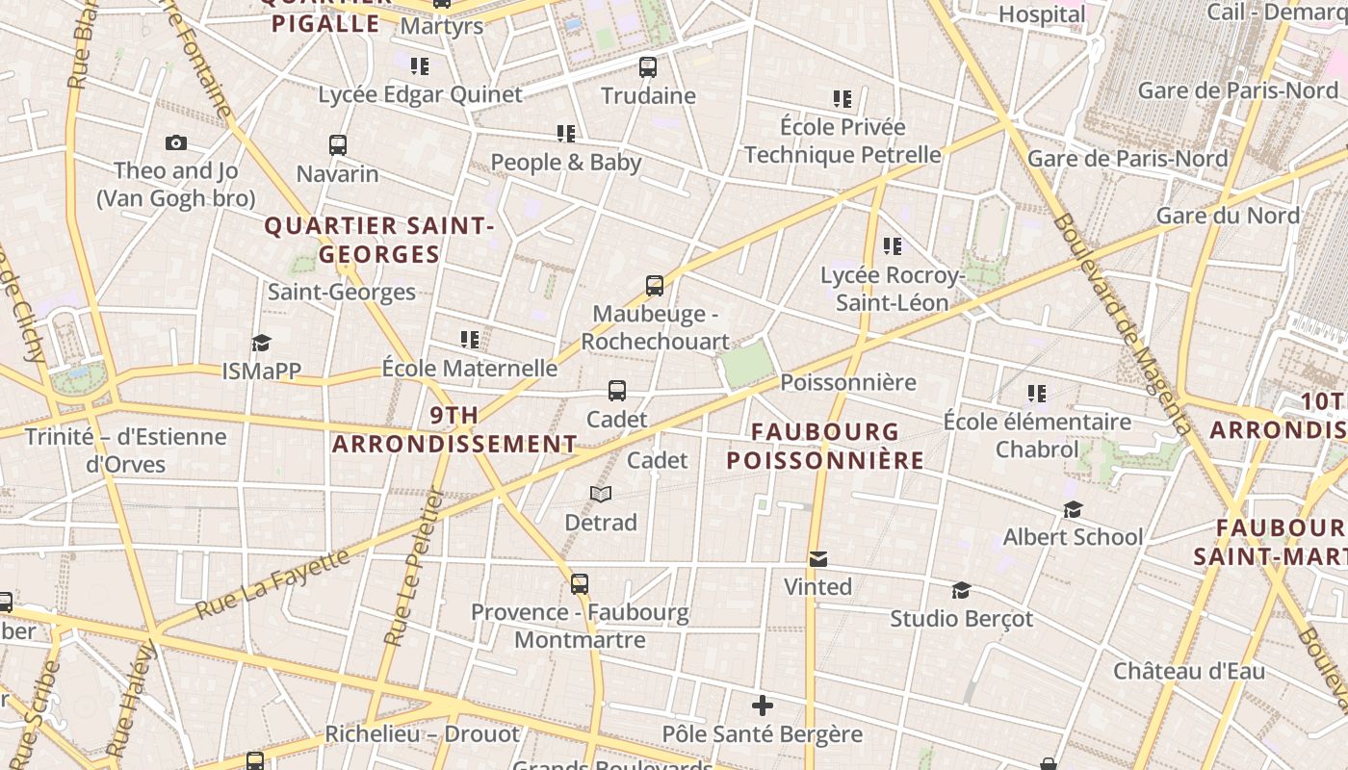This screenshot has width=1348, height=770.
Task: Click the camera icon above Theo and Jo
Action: click(x=176, y=143)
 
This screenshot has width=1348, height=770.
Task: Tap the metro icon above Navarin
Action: click(x=337, y=145)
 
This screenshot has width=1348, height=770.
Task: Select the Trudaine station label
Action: click(x=648, y=95)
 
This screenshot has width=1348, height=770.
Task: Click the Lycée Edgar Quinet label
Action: click(x=420, y=94)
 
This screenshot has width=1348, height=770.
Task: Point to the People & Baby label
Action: click(x=565, y=162)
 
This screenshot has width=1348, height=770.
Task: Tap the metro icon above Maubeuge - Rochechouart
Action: click(x=655, y=285)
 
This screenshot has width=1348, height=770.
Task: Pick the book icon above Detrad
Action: click(x=601, y=494)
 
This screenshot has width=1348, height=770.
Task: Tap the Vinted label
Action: click(x=817, y=586)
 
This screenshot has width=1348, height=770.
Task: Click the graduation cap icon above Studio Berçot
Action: click(x=961, y=590)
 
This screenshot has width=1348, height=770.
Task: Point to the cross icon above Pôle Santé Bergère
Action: click(x=763, y=706)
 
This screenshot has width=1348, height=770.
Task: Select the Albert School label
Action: click(x=1073, y=536)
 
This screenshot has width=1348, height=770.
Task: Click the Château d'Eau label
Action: click(x=1189, y=670)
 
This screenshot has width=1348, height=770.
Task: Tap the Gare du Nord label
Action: click(x=1228, y=216)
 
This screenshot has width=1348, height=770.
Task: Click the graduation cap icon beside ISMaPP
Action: click(x=261, y=343)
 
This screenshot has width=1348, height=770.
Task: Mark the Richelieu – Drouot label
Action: click(x=422, y=733)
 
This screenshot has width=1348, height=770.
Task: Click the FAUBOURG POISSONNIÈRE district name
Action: click(x=825, y=446)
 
